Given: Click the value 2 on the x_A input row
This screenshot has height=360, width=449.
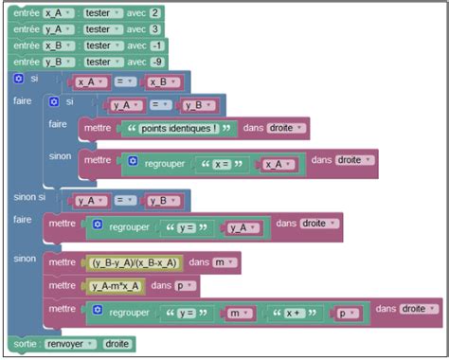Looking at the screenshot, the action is pos(155,13).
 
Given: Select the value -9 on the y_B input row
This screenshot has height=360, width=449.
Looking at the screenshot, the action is pos(157,62).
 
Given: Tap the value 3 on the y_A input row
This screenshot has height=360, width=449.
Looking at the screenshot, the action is pos(155,29).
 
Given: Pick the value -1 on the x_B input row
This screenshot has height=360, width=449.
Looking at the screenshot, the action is pos(157,45).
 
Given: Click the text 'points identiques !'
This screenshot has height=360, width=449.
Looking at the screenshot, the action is pos(179,129).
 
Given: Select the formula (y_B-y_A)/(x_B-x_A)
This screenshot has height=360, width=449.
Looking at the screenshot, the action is pos(135,262).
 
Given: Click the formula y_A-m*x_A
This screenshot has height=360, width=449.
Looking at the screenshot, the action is pos(116,286).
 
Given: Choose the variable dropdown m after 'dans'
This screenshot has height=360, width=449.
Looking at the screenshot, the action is pos(224,262).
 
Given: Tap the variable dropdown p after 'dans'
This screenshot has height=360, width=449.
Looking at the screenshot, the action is pos(185,286).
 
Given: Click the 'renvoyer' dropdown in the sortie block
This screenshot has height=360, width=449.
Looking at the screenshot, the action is pos(70,344).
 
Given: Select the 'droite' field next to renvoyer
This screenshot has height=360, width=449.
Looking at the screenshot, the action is pos(117,344).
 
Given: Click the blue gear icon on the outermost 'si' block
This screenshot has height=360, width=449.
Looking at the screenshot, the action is pos(19,79).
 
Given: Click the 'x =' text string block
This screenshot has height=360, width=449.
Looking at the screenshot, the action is pos(222,164).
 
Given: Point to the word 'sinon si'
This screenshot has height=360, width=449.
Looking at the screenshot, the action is pos(29,197).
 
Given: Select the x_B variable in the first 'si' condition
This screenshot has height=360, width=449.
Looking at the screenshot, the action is pos(162,82).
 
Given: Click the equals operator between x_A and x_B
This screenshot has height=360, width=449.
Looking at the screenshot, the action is pos(125,81).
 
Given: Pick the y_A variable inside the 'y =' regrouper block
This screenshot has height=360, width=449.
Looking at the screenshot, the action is pos(242,227).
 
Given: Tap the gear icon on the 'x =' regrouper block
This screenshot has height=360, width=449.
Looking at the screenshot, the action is pos(133,161).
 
